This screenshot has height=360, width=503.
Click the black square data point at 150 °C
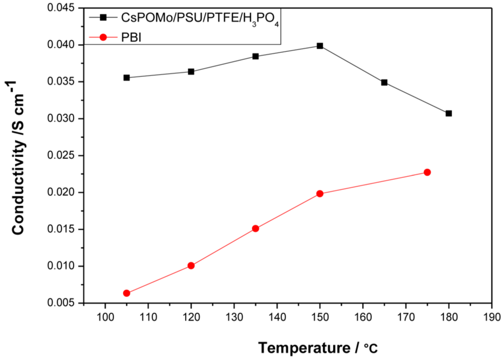320,46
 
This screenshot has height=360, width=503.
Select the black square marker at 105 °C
127,77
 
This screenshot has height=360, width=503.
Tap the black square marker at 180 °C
449,113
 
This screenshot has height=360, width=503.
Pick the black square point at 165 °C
384,82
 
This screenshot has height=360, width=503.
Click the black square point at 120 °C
191,71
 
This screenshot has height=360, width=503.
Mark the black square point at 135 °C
256,56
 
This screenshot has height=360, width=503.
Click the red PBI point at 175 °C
427,172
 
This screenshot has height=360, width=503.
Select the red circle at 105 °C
127,293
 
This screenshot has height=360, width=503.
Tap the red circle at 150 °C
320,194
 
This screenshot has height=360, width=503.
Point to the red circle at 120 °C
191,265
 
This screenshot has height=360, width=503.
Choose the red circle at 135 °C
256,228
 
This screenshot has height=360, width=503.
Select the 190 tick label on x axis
491,317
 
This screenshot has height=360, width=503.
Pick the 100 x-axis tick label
105,317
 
